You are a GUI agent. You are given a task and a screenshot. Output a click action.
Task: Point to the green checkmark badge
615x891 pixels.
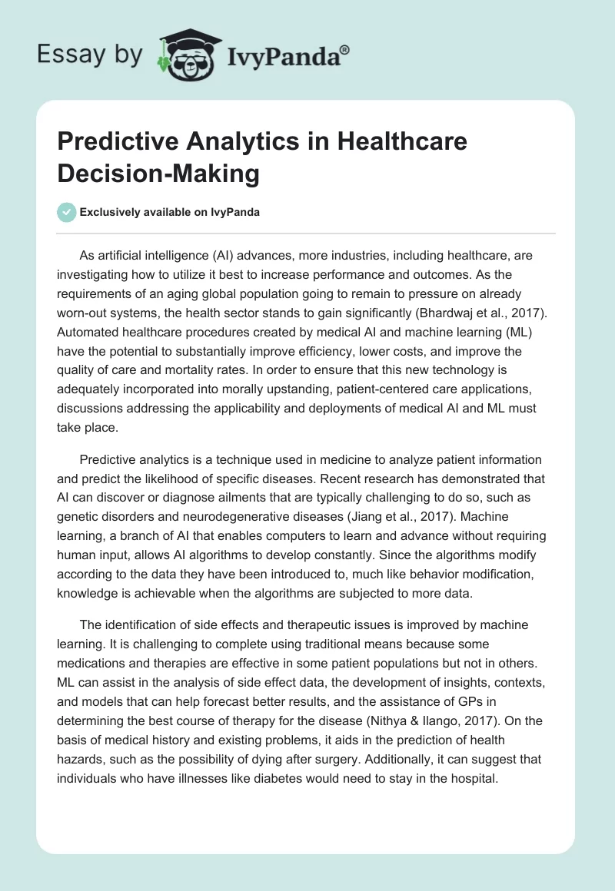(67, 212)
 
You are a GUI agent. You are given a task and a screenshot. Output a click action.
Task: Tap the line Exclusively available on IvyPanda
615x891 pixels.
(170, 212)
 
